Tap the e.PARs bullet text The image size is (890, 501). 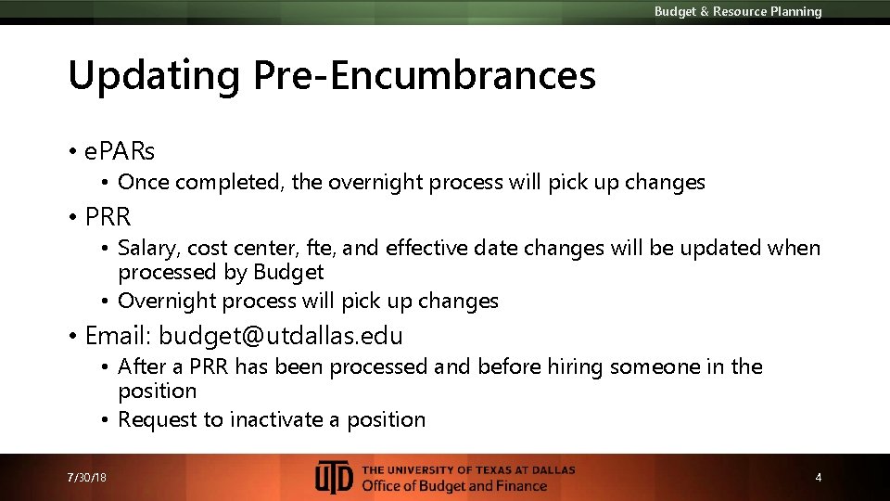120,149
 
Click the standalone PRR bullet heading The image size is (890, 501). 108,217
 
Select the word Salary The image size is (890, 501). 148,249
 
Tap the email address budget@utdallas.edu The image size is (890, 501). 281,335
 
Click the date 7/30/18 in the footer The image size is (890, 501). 87,478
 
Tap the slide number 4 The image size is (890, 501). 818,478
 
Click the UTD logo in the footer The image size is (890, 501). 334,477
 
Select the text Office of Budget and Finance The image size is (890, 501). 454,486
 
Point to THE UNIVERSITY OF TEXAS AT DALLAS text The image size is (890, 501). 468,469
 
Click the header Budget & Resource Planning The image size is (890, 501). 738,12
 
